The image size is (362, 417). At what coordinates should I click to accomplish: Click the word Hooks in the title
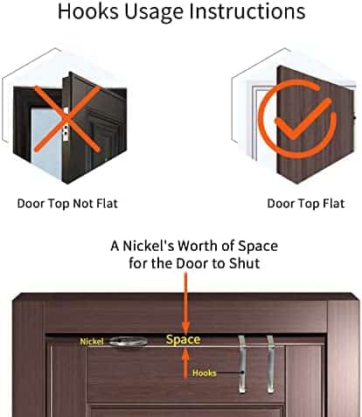[88, 11]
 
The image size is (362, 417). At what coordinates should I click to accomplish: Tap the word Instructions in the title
[247, 11]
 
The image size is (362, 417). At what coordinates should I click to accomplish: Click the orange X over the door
[66, 119]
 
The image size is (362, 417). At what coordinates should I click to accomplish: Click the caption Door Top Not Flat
[67, 204]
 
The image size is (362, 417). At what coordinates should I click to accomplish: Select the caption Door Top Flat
[306, 204]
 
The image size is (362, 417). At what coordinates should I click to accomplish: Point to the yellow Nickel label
[92, 341]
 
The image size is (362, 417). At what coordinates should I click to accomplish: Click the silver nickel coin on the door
[129, 342]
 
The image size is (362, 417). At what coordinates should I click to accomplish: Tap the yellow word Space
[183, 340]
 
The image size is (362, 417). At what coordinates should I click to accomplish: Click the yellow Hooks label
[204, 373]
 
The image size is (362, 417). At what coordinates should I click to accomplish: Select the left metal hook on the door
[242, 365]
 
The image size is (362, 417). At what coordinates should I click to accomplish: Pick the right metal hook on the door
[271, 365]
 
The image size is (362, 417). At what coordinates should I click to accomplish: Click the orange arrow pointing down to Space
[185, 303]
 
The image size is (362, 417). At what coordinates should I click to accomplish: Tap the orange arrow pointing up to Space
[185, 364]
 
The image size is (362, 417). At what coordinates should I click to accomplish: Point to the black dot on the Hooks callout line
[242, 372]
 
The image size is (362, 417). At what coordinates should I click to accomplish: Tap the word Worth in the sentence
[198, 247]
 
